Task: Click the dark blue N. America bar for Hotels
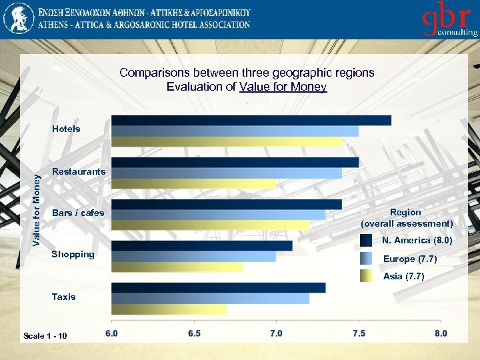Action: (x=251, y=121)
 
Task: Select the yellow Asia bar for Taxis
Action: (x=169, y=309)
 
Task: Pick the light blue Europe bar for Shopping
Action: (x=193, y=257)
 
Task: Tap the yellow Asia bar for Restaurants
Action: (x=193, y=183)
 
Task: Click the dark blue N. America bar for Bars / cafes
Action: (x=227, y=204)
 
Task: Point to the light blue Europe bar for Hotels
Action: (x=235, y=131)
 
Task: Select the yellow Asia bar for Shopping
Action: (x=177, y=267)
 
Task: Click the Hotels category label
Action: (x=66, y=129)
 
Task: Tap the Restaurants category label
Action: (x=79, y=171)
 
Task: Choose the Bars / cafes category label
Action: (x=78, y=213)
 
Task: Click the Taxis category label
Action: (x=64, y=297)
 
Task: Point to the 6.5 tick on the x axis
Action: (x=193, y=333)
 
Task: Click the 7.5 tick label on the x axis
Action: (x=358, y=333)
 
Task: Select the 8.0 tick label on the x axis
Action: (x=441, y=333)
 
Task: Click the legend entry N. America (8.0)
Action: (x=417, y=240)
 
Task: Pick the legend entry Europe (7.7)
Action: (x=409, y=259)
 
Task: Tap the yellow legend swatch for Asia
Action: (x=366, y=276)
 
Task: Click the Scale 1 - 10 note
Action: (x=45, y=335)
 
